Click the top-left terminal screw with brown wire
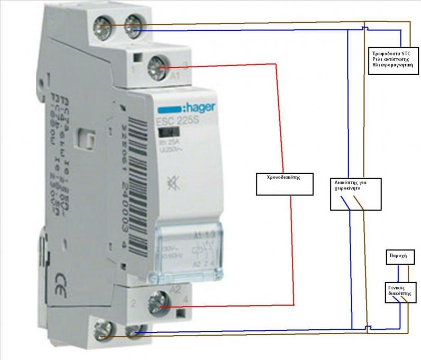point(102,24)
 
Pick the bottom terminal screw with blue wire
point(133,332)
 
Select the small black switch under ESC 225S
point(167,133)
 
